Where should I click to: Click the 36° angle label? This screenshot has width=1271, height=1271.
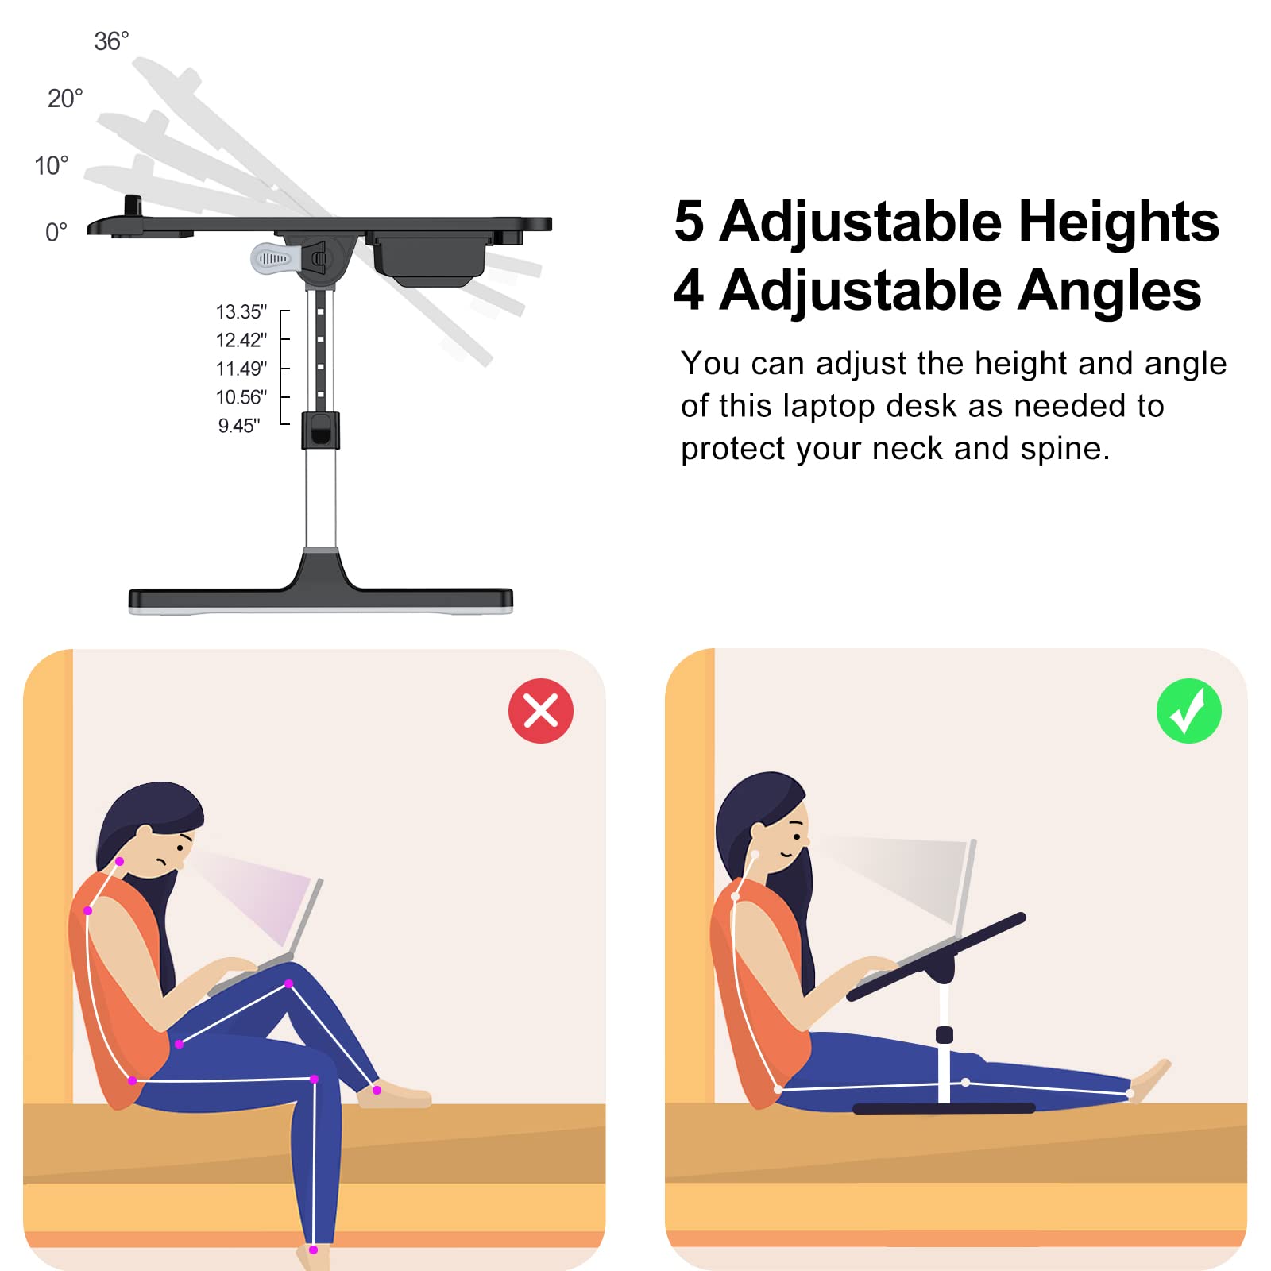pyautogui.click(x=111, y=41)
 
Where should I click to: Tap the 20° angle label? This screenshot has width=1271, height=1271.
pyautogui.click(x=65, y=99)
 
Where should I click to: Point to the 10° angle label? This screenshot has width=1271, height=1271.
pyautogui.click(x=52, y=166)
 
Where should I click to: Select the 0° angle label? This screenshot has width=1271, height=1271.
pyautogui.click(x=56, y=232)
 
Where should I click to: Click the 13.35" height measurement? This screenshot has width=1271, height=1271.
pyautogui.click(x=241, y=312)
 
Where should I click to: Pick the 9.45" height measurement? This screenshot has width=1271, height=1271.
pyautogui.click(x=239, y=426)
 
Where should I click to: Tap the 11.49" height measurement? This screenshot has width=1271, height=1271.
pyautogui.click(x=241, y=369)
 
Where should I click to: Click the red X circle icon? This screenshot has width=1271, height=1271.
pyautogui.click(x=541, y=711)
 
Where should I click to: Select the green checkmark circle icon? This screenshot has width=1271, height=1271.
pyautogui.click(x=1189, y=711)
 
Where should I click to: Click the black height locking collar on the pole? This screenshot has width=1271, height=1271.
pyautogui.click(x=321, y=430)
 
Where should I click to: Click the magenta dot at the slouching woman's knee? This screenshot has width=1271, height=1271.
pyautogui.click(x=289, y=983)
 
